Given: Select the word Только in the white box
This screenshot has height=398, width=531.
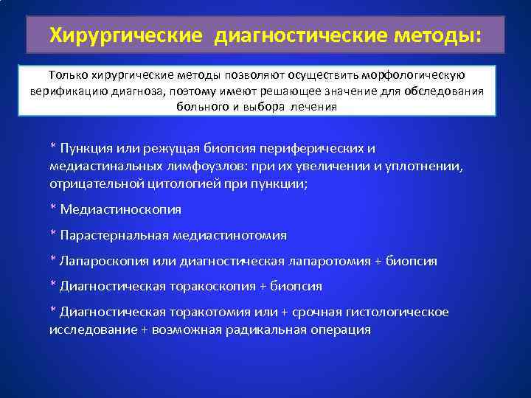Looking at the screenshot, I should coord(67,75).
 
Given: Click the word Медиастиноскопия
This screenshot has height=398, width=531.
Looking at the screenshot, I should coord(120,209).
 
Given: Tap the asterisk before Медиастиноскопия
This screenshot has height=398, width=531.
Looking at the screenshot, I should coord(52,209).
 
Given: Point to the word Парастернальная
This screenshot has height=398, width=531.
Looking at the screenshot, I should coord(114,235).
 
